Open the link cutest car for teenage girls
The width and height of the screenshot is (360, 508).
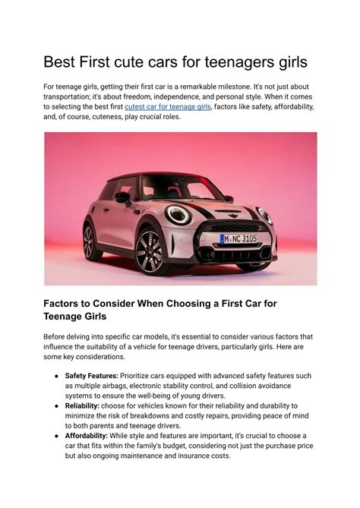coord(167,108)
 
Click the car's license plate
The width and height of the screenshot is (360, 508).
coord(238,238)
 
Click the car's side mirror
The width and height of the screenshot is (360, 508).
coord(122,197)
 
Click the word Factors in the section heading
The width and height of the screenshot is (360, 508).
coord(68,303)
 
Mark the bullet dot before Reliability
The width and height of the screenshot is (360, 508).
coord(57,406)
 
